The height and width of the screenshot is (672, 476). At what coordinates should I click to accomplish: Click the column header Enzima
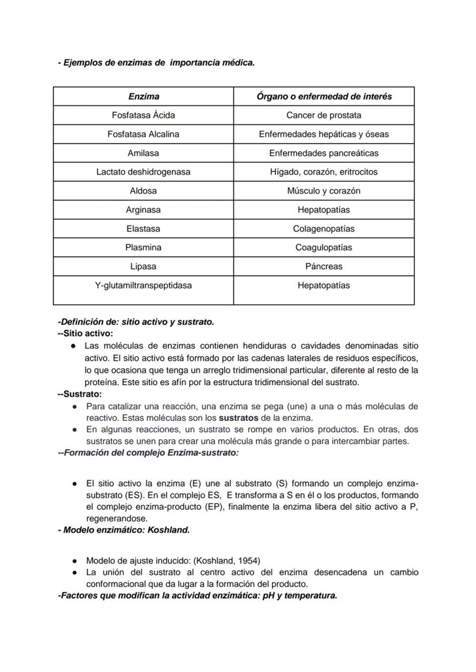(x=143, y=97)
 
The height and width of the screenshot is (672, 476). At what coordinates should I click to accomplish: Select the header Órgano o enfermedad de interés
(x=324, y=97)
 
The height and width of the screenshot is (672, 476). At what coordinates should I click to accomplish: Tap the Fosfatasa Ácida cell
(x=143, y=115)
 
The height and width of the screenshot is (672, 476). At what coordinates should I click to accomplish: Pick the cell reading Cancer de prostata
(x=324, y=115)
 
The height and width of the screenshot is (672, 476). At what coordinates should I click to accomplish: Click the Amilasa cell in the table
(x=143, y=153)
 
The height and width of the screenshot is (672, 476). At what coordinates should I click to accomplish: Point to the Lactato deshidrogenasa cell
(x=143, y=172)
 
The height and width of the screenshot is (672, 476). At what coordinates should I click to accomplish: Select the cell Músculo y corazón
(x=324, y=191)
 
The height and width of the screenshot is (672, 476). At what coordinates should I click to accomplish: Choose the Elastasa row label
(x=143, y=229)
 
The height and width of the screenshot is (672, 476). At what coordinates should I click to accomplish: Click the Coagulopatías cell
(x=324, y=248)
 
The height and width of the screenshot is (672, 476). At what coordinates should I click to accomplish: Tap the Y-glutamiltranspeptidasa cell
(x=143, y=285)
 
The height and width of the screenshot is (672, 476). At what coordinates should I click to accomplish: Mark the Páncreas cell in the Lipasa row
(x=324, y=267)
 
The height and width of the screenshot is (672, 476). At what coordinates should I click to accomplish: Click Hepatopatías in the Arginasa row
(x=324, y=210)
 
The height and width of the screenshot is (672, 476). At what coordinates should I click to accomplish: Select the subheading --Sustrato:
(x=80, y=394)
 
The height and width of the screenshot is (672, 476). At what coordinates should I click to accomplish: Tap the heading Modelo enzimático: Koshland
(x=124, y=530)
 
